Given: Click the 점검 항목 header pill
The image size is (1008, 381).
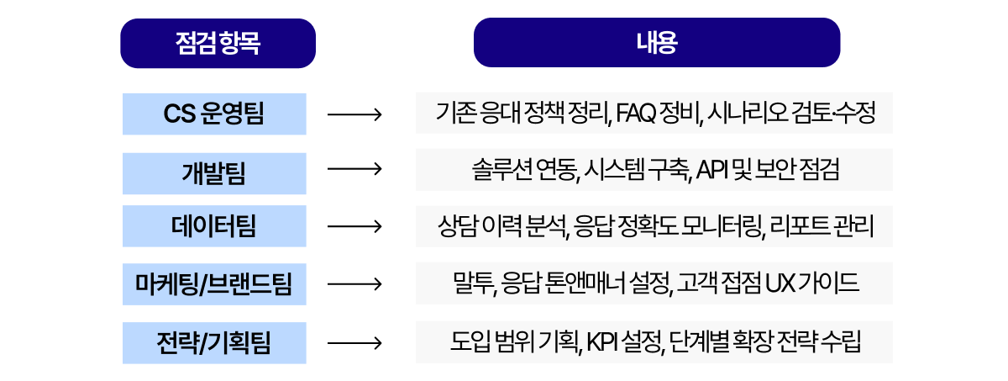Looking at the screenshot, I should pos(218,44).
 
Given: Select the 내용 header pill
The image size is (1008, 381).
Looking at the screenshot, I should pos(656,43).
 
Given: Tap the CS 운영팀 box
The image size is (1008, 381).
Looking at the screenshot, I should pos(214,114).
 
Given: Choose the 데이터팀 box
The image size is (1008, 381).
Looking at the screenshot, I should pos(214,226).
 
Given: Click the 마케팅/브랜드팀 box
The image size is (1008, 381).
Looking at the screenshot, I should pos(214,283).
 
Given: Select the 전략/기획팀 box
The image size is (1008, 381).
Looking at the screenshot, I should pos(214,342).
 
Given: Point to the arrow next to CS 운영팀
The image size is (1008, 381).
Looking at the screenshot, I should pos(354,114).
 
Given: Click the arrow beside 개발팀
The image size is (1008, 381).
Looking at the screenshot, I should pos(354,171).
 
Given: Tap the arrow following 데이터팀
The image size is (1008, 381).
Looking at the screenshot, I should pos(354,226).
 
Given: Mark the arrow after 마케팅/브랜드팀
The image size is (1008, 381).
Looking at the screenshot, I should pos(354,283).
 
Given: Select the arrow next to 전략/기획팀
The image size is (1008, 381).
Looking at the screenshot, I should pos(354,342).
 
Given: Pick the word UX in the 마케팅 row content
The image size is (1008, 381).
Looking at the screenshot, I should pos(776,283).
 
